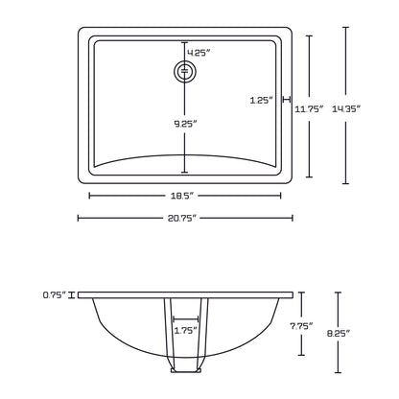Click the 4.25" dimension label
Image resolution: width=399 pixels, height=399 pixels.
(x=198, y=51)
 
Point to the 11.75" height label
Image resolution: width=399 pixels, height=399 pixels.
(x=308, y=109)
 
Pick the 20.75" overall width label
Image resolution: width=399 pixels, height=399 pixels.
(x=185, y=219)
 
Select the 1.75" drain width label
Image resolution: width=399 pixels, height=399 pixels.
(x=185, y=330)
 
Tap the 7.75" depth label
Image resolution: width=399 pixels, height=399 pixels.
(x=303, y=325)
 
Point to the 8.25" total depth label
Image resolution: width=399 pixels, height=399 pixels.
(x=339, y=333)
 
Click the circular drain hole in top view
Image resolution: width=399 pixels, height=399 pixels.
(x=184, y=71)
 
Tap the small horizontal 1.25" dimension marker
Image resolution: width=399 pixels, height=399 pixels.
(x=285, y=99)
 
